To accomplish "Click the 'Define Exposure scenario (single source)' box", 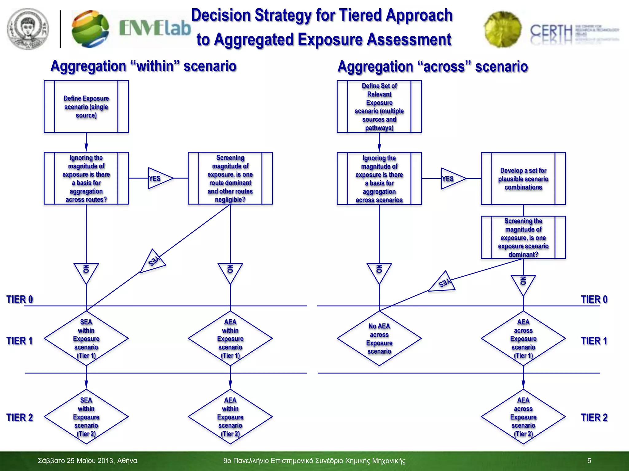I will click(86, 106).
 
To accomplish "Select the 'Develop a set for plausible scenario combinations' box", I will click(523, 178).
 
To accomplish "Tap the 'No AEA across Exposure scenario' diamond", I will click(379, 339).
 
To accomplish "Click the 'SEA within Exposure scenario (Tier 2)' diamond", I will click(86, 417).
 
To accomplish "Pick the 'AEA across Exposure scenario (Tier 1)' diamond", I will click(523, 339).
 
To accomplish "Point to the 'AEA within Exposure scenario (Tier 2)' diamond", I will click(230, 417).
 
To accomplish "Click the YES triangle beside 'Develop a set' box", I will click(451, 178).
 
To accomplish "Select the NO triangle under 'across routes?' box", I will click(86, 271).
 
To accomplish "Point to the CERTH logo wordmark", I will click(551, 32).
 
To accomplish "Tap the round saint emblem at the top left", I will click(28, 29).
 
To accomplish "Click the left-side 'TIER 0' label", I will click(20, 299).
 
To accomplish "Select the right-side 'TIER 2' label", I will click(594, 417).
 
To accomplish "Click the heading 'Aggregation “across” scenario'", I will click(432, 67).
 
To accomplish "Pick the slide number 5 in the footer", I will click(589, 461).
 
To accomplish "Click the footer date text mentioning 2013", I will click(87, 461).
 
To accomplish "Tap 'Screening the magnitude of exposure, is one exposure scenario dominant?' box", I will click(523, 237).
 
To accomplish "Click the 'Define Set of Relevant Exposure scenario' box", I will click(379, 106).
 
